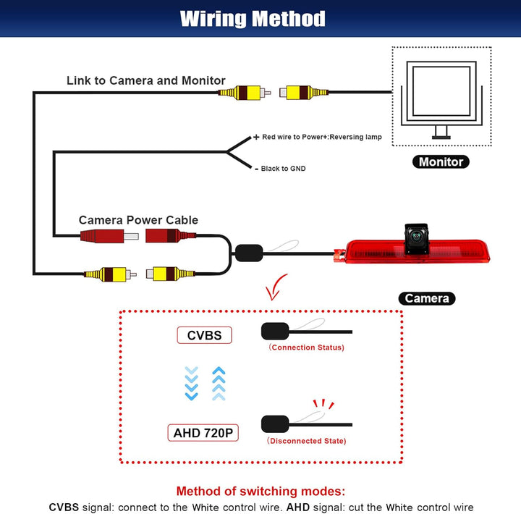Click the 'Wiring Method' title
coord(253,19)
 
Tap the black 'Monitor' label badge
coord(441,162)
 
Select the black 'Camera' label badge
coord(427,298)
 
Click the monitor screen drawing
coord(441,91)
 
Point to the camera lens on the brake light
coord(416,237)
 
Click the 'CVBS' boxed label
coord(204,335)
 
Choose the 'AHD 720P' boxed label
coord(203,433)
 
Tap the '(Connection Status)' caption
coord(306,347)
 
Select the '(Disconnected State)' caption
coord(306,441)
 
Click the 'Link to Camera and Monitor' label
coord(146,80)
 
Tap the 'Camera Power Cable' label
coord(138,220)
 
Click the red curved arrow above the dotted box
coord(276,287)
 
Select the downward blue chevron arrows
coord(191,383)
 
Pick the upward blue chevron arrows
coord(219,383)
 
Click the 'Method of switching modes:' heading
coord(260,491)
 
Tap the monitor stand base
coord(441,138)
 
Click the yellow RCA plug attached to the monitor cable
coord(304,93)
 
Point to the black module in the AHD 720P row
coord(275,424)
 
